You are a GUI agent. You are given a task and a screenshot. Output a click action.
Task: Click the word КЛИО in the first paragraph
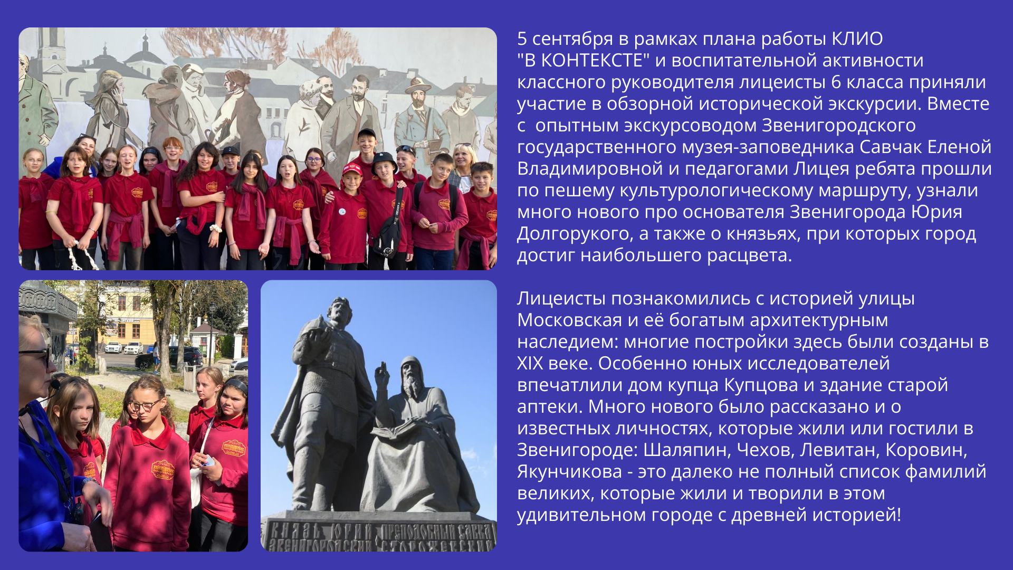pyautogui.click(x=857, y=39)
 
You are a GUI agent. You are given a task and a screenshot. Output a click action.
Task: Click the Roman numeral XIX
pyautogui.click(x=530, y=364)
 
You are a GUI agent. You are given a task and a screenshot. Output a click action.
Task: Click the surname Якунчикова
pyautogui.click(x=570, y=472)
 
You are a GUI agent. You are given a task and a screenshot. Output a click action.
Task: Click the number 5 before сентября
pyautogui.click(x=522, y=39)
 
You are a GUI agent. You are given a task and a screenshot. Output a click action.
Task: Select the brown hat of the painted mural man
pyautogui.click(x=418, y=84)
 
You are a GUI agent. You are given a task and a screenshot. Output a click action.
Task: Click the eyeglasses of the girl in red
pyautogui.click(x=144, y=405)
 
